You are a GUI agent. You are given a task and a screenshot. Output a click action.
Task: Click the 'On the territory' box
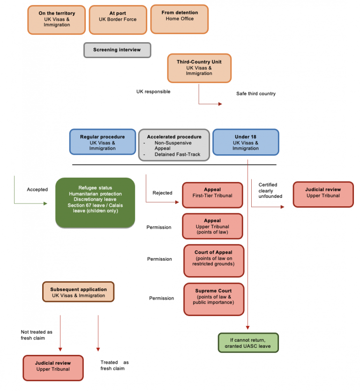pos(57,20)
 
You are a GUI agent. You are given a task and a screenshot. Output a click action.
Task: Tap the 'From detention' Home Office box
pos(180,19)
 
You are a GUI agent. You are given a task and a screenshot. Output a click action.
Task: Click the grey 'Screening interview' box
pos(117,50)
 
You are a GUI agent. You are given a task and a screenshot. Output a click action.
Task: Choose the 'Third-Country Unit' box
pos(199,68)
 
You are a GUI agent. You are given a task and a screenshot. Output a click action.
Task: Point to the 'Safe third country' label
pos(256,94)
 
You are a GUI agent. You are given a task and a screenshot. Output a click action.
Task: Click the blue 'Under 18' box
pos(246,142)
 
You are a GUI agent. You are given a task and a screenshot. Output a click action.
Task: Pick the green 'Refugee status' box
pos(95,203)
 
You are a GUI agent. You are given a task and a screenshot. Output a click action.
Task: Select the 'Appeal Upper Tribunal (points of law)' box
pos(212,227)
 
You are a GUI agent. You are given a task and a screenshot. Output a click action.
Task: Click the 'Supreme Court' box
pos(214,299)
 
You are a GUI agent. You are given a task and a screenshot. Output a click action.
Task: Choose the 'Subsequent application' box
pos(79,292)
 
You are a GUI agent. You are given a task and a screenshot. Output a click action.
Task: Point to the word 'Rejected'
pos(162,193)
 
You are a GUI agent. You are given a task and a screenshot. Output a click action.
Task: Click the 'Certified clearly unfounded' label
pos(270,190)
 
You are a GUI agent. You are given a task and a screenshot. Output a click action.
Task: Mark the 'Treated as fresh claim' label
pos(114,366)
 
